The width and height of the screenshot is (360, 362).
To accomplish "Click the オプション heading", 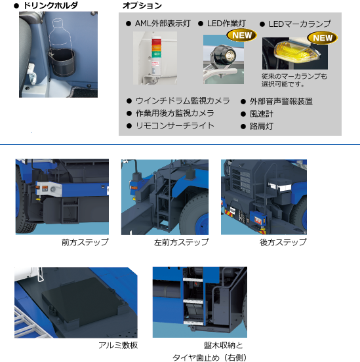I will pyautogui.click(x=142, y=6).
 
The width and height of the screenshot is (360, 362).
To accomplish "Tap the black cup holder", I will pyautogui.click(x=66, y=64).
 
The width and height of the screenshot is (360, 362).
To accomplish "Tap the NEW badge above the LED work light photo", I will pyautogui.click(x=241, y=35).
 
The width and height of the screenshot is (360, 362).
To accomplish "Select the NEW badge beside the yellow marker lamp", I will pyautogui.click(x=322, y=37).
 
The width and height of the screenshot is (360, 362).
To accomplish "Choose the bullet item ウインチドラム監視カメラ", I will pyautogui.click(x=182, y=101).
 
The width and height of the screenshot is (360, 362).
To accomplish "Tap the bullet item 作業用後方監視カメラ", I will pyautogui.click(x=178, y=113).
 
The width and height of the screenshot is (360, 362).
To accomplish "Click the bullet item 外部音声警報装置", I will pyautogui.click(x=281, y=101).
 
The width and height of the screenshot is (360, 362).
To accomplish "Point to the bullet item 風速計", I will pyautogui.click(x=260, y=113).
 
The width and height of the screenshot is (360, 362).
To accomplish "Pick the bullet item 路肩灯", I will pyautogui.click(x=260, y=125).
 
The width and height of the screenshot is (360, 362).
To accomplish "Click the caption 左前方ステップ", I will pyautogui.click(x=181, y=243).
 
